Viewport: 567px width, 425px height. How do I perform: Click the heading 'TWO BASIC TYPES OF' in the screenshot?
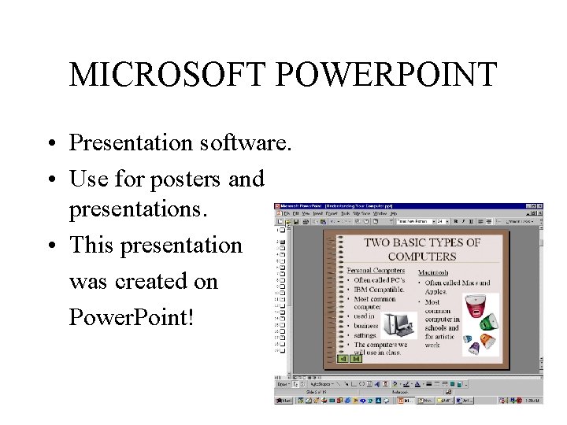pyautogui.click(x=422, y=242)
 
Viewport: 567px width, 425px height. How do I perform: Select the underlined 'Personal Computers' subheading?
pyautogui.click(x=376, y=271)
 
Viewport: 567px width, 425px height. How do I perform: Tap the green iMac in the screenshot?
pyautogui.click(x=489, y=321)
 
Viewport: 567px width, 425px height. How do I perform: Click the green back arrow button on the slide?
pyautogui.click(x=343, y=359)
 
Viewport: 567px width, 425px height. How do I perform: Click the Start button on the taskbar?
pyautogui.click(x=283, y=400)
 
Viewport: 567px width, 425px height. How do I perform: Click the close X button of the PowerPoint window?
pyautogui.click(x=539, y=206)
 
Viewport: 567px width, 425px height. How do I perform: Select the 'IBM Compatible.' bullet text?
pyautogui.click(x=379, y=290)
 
